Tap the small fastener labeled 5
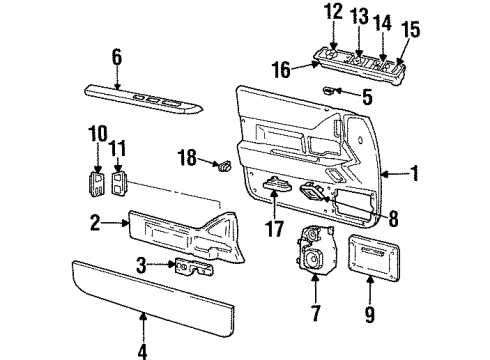point(330,91)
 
